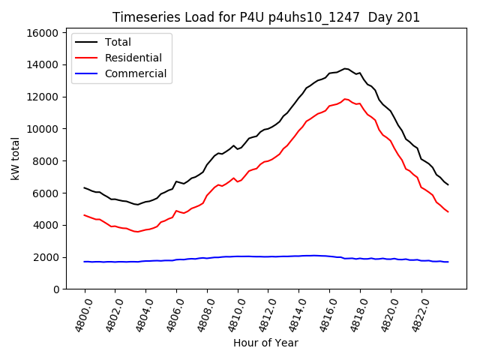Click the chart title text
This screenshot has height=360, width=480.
(266, 17)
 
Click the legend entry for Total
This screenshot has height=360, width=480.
(118, 42)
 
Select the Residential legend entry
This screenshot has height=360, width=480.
(133, 58)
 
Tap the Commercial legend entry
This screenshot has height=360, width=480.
(135, 73)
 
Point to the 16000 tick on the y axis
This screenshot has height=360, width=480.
(42, 33)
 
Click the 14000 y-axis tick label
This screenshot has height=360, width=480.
(42, 64)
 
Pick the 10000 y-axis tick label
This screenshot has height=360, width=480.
(42, 129)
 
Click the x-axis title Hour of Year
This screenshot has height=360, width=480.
(265, 343)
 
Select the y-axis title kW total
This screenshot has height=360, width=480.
(15, 158)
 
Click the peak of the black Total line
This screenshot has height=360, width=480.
(345, 68)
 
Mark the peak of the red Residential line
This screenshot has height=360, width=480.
(345, 98)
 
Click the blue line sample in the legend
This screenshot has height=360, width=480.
(87, 73)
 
